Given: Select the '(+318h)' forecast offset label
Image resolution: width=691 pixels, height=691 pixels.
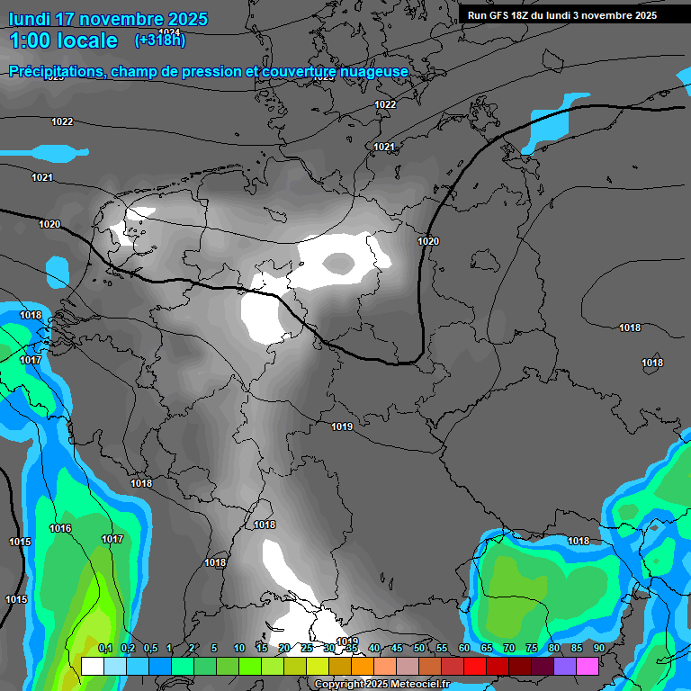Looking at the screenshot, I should tap(160, 40).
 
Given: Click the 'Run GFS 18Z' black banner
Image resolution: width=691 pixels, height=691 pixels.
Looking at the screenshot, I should tap(562, 15).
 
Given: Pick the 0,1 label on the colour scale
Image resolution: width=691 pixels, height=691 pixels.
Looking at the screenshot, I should tap(104, 649).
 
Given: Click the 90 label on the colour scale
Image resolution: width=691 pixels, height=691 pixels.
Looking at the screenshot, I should tap(599, 649).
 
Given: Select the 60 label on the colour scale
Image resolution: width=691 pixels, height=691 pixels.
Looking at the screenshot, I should tap(464, 649).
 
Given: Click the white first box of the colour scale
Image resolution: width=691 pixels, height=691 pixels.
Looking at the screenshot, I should tap(92, 666).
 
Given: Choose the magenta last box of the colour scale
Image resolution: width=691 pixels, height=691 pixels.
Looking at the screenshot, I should tap(588, 666).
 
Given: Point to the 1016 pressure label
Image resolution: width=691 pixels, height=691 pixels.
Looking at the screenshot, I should tap(60, 529).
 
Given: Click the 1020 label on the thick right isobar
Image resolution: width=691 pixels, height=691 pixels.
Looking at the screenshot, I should tap(428, 242).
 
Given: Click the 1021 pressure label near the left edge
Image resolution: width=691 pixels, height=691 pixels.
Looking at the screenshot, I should tap(42, 178).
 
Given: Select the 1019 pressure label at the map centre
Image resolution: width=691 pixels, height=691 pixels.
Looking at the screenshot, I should tap(341, 426).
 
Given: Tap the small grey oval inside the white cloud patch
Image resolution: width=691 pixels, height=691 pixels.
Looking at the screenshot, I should tap(339, 263).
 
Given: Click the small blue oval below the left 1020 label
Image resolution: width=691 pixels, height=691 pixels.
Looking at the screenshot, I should tap(58, 268).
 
